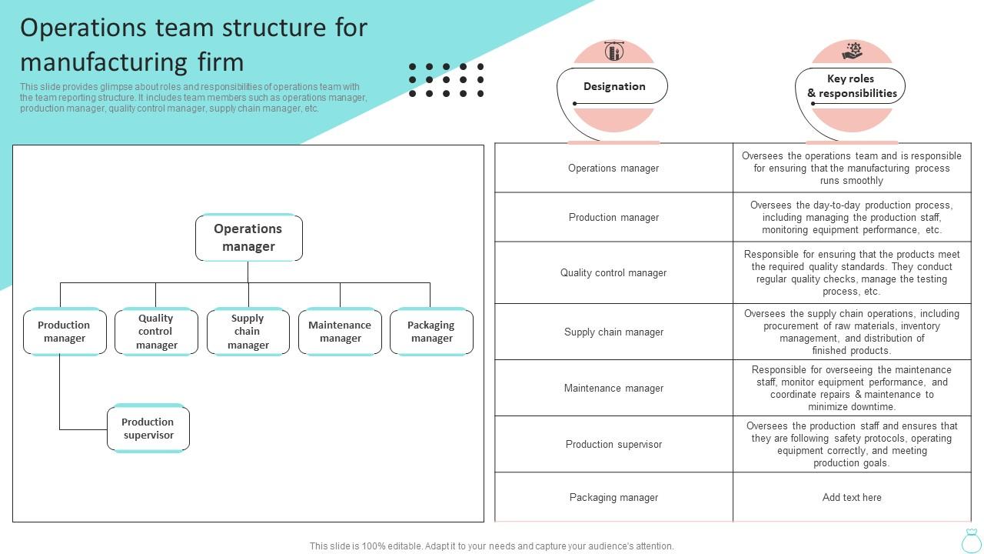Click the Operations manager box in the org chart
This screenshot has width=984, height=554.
tap(248, 238)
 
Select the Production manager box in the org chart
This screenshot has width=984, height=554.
tap(65, 332)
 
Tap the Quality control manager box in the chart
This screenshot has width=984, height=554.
tap(156, 332)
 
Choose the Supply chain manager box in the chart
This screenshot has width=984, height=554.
tap(248, 332)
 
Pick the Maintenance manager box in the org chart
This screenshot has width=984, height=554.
tap(340, 332)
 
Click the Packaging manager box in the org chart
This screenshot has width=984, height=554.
tap(431, 332)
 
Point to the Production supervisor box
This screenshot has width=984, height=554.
tap(148, 429)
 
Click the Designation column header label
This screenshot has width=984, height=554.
tap(613, 86)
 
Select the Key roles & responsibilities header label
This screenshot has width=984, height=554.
tap(851, 86)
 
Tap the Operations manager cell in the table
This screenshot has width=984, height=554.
tap(613, 168)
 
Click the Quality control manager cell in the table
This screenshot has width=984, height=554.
tap(613, 272)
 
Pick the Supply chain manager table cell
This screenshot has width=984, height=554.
tap(613, 332)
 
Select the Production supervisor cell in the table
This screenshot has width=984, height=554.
tap(613, 444)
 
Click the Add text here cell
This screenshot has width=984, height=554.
tap(852, 497)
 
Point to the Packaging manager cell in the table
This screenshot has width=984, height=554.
tap(613, 497)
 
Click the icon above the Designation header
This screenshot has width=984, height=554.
tap(613, 52)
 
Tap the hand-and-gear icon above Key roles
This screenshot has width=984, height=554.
tap(852, 52)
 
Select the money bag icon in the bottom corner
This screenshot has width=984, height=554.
tap(971, 540)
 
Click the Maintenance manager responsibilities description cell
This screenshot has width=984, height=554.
tap(852, 388)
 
